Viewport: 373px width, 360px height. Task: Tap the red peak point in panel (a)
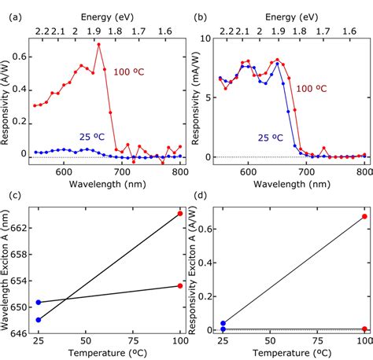(x=99, y=44)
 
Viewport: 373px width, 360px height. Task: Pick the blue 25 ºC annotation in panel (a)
(x=93, y=136)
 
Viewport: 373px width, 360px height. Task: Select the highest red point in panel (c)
(x=180, y=214)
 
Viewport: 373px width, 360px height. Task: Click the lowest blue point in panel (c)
(x=39, y=320)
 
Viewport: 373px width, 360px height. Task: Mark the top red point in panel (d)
(x=364, y=216)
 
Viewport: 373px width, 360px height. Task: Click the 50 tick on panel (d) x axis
(x=271, y=344)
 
